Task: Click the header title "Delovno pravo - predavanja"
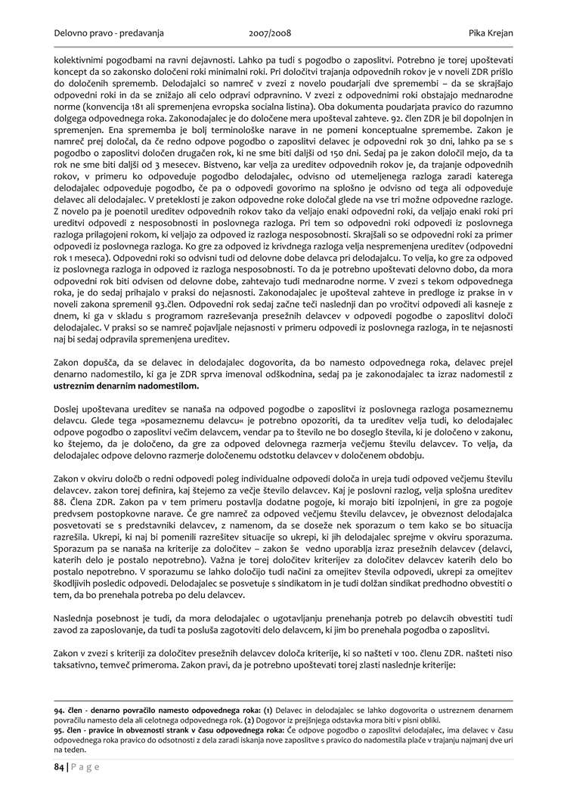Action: [109, 33]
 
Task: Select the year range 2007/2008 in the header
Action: [270, 33]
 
